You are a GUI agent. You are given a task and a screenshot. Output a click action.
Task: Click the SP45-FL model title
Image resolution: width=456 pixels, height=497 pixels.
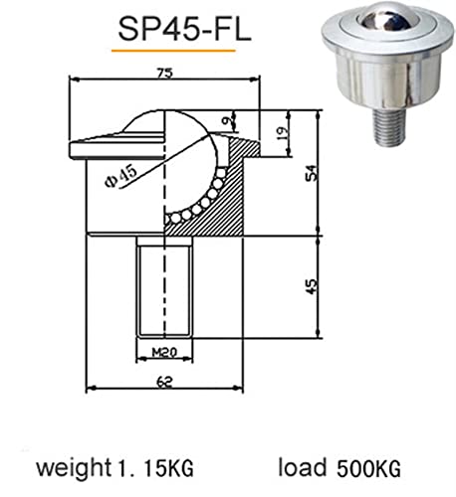(x=184, y=30)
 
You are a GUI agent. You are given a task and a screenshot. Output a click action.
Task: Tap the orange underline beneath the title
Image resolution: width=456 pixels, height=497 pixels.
(x=173, y=51)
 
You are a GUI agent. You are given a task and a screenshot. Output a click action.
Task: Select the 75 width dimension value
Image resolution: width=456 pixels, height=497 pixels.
(x=164, y=73)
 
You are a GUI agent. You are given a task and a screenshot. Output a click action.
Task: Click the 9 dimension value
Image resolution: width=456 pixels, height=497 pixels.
(x=227, y=121)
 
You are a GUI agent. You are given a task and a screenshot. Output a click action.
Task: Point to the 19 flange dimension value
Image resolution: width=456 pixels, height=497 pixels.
(x=283, y=133)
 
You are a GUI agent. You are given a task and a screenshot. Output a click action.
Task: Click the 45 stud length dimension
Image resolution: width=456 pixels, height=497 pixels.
(x=311, y=286)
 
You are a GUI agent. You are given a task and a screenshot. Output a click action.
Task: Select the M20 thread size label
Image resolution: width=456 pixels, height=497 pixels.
(x=164, y=352)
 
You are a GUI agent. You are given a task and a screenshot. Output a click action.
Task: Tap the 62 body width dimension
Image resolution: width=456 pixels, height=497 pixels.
(x=164, y=382)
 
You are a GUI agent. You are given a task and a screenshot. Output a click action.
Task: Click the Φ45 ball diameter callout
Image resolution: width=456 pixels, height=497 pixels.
(x=120, y=177)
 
